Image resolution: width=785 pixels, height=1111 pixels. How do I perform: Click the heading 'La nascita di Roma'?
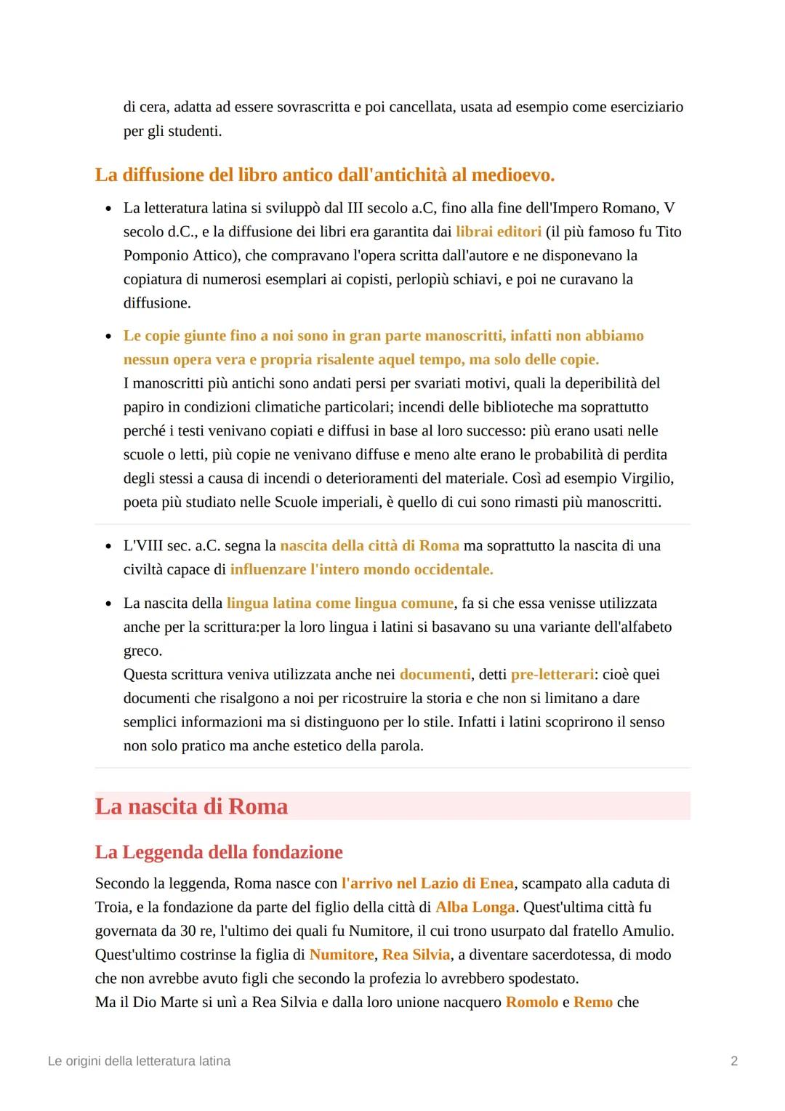tap(191, 806)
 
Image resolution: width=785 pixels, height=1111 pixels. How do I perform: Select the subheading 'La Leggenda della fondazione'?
tap(219, 852)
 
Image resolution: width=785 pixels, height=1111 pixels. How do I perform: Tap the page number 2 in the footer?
tap(734, 1061)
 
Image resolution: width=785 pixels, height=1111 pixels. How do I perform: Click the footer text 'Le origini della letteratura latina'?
tap(139, 1061)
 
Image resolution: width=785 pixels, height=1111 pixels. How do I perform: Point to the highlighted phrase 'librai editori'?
tap(499, 232)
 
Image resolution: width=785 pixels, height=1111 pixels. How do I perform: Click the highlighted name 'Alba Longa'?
tap(475, 907)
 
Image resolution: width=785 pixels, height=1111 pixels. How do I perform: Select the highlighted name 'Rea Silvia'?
tap(416, 955)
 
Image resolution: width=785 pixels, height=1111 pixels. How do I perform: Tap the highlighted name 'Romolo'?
tap(531, 1003)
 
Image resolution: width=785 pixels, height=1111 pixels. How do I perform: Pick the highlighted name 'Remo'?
tap(593, 1003)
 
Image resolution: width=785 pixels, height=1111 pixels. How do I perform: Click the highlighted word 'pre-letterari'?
tap(552, 675)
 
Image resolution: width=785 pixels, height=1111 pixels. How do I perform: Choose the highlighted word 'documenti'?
tap(435, 675)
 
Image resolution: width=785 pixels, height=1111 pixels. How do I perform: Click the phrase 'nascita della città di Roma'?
tap(369, 546)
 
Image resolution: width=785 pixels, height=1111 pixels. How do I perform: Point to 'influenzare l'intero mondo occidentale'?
tap(361, 570)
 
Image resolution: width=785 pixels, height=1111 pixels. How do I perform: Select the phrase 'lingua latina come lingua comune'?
tap(340, 603)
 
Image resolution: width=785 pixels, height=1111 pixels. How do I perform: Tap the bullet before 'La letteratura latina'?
tap(108, 209)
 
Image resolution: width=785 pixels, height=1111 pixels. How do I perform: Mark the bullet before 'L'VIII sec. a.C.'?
tap(108, 547)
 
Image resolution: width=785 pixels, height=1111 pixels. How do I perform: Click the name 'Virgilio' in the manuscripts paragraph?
tap(647, 478)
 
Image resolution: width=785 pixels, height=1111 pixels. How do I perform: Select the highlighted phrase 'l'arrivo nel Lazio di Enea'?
tap(427, 883)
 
